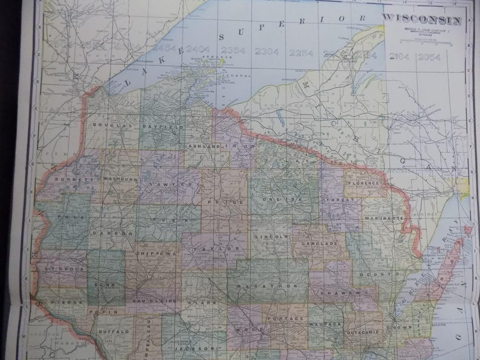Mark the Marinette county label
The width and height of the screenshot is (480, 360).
pos(383,216)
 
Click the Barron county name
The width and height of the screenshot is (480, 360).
pos(112,232)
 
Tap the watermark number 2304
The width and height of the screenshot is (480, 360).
pos(267,51)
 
